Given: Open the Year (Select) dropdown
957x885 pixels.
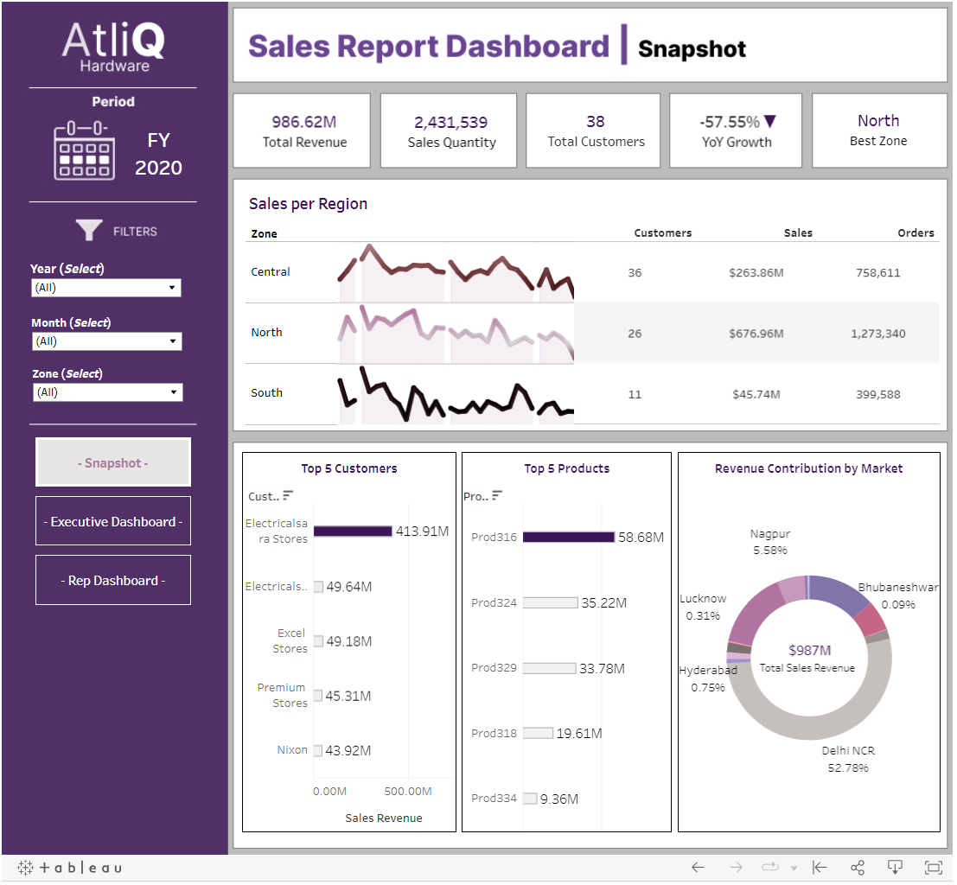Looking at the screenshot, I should pyautogui.click(x=106, y=288).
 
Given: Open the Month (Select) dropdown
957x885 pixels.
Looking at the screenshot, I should pyautogui.click(x=106, y=341).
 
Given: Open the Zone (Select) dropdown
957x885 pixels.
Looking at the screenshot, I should pyautogui.click(x=106, y=392).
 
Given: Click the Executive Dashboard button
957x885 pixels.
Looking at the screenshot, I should pyautogui.click(x=113, y=521).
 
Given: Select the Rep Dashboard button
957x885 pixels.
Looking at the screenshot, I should pyautogui.click(x=113, y=580).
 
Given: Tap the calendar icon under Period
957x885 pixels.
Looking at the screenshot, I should pyautogui.click(x=84, y=153).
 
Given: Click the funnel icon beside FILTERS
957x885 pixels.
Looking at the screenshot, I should pyautogui.click(x=88, y=231).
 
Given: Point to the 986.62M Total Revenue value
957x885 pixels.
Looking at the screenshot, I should pyautogui.click(x=303, y=122).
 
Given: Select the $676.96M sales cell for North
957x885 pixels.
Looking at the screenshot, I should pyautogui.click(x=756, y=334).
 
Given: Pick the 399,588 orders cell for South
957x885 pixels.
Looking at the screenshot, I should pyautogui.click(x=877, y=394).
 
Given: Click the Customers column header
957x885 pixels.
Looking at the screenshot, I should pyautogui.click(x=662, y=232).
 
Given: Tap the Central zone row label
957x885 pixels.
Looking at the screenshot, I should pyautogui.click(x=271, y=272).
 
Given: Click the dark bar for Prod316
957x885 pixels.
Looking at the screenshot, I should pyautogui.click(x=568, y=537).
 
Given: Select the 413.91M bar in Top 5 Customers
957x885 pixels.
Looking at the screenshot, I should pyautogui.click(x=353, y=532).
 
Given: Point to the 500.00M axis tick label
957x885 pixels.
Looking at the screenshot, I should pyautogui.click(x=408, y=791).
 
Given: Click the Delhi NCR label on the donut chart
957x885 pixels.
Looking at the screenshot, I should pyautogui.click(x=847, y=751).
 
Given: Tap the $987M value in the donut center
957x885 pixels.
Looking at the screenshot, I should pyautogui.click(x=809, y=650).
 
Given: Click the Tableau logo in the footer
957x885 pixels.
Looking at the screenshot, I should pyautogui.click(x=71, y=868).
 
